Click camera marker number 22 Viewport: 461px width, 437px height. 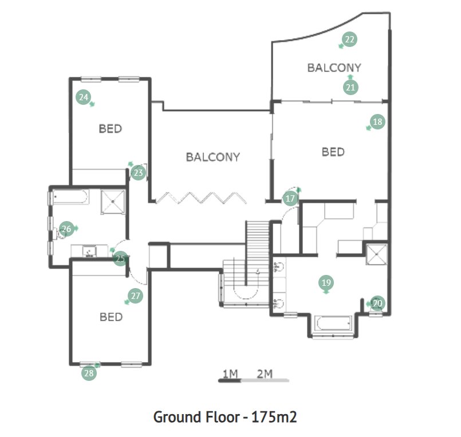click(349, 40)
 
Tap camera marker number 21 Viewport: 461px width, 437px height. click(350, 87)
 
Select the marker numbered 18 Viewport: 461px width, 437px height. click(377, 121)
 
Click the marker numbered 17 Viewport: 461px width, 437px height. click(290, 199)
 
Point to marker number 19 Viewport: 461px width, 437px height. click(326, 282)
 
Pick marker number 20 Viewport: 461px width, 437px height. click(377, 303)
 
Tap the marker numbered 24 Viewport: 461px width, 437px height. click(84, 97)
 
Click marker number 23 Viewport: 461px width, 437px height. click(137, 172)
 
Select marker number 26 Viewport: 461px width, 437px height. click(66, 229)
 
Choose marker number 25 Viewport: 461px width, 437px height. click(120, 259)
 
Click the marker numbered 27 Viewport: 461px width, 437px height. click(136, 296)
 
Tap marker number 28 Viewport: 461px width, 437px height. click(89, 373)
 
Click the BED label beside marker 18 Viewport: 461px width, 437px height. click(333, 152)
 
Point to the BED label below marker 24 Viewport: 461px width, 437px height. click(111, 129)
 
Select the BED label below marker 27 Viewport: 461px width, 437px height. click(111, 317)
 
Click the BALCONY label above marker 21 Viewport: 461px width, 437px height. click(334, 68)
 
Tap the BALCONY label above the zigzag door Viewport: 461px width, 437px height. click(212, 157)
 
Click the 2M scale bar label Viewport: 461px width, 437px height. click(265, 374)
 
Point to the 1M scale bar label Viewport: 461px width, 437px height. click(230, 374)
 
